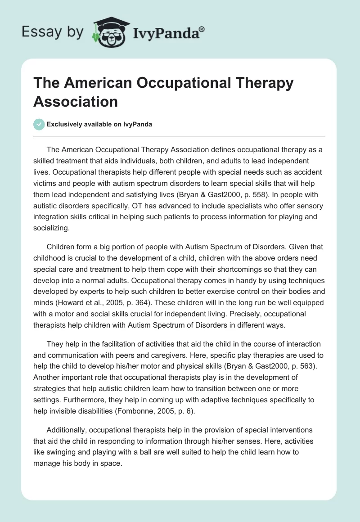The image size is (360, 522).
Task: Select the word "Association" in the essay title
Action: pos(76,101)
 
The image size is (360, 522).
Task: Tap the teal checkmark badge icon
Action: pos(39,125)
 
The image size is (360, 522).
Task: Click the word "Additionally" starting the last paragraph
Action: pos(66,429)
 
